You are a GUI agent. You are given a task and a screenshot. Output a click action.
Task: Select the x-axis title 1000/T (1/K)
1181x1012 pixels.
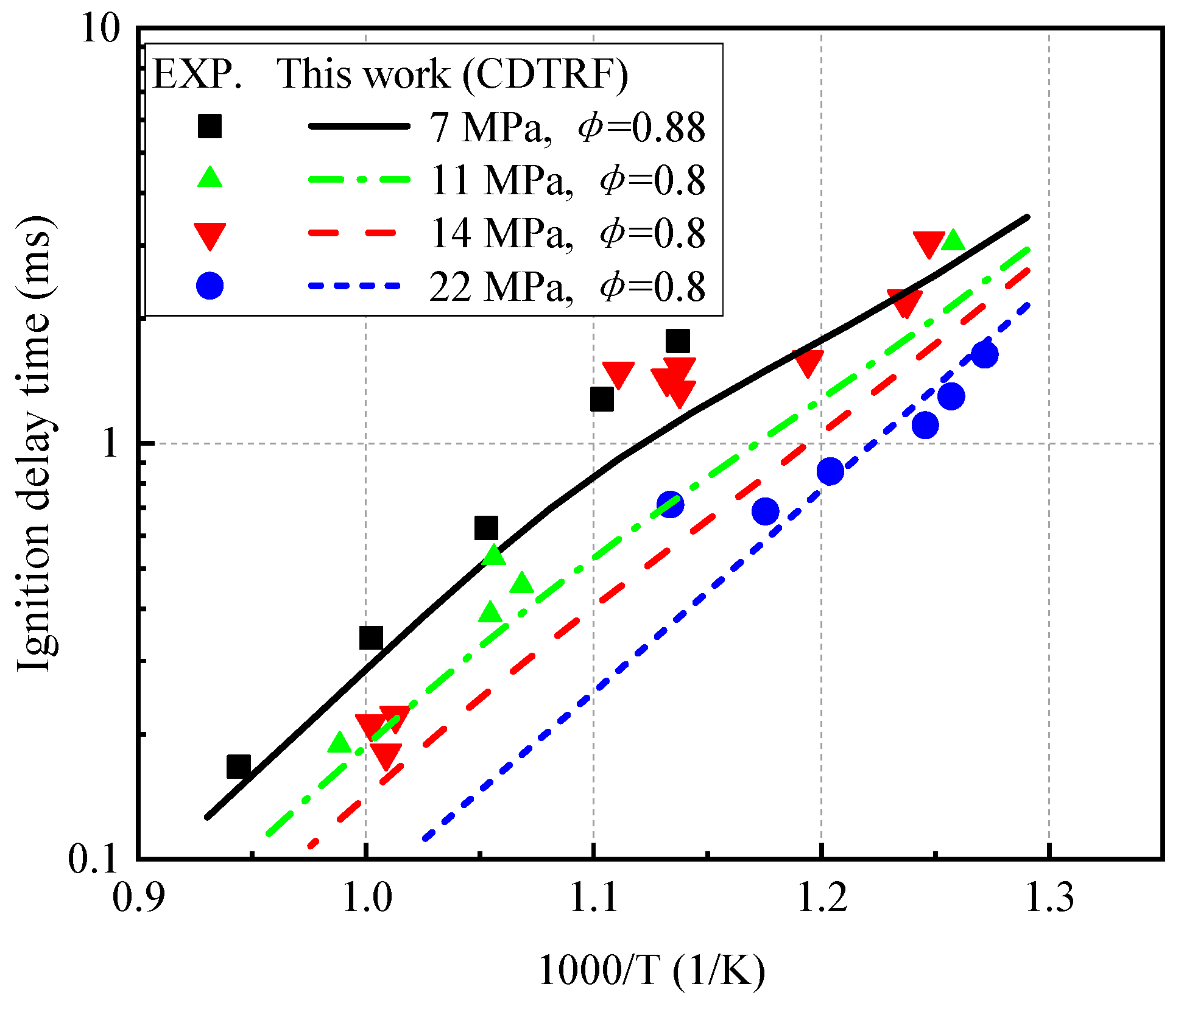click(x=652, y=971)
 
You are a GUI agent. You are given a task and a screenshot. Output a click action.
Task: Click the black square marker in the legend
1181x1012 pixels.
click(x=210, y=126)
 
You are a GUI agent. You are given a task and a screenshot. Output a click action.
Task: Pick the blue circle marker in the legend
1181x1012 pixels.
click(x=210, y=285)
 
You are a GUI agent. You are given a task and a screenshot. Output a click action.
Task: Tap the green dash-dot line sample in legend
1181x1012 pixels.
click(x=359, y=180)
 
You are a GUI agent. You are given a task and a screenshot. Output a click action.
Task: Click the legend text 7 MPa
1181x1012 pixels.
click(x=490, y=127)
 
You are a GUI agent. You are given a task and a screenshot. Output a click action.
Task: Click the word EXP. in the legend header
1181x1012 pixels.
click(x=197, y=74)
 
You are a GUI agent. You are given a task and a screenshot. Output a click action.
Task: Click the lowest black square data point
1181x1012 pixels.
click(x=239, y=767)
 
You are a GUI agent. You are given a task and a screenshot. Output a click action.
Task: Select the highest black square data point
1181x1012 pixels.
click(x=678, y=341)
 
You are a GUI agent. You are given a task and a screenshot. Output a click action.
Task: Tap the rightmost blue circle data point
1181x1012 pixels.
click(x=984, y=354)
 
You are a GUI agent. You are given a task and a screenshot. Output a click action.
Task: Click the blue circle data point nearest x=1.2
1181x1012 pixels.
click(x=830, y=471)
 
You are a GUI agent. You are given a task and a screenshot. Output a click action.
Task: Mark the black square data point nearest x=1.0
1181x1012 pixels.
click(x=371, y=638)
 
